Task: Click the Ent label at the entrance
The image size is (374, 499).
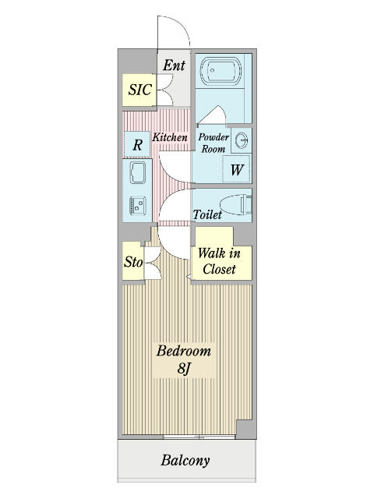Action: coord(175,65)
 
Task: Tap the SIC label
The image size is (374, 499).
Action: coord(139,90)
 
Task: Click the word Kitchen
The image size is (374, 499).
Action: coord(170,137)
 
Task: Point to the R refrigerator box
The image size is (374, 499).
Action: coord(137,144)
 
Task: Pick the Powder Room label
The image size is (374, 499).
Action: coord(213,143)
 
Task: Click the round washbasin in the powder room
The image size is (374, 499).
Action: coord(242,140)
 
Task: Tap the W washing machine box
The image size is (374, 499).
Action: coord(236,169)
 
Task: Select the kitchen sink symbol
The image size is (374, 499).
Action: coord(138,173)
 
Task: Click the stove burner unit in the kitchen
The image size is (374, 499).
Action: coord(138,205)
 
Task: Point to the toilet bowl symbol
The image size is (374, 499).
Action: coord(236,205)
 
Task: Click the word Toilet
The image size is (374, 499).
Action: coord(207,214)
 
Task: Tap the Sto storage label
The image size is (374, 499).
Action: coord(133,262)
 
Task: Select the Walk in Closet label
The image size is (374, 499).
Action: coord(219,261)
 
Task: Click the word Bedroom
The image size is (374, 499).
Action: coord(184,351)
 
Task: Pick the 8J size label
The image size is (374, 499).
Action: coord(184,369)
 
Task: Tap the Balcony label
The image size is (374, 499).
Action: coord(185,461)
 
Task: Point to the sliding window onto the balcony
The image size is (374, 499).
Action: coord(199,437)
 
